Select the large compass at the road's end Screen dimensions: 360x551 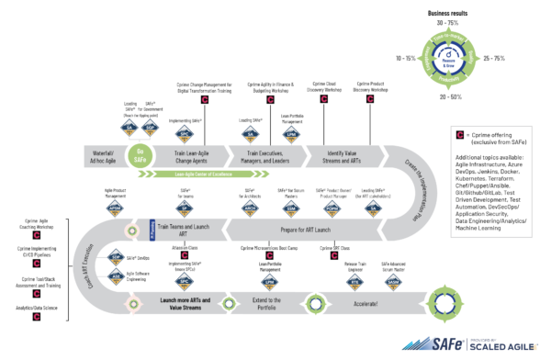click(x=444, y=302)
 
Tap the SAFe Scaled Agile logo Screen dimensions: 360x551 click(x=455, y=345)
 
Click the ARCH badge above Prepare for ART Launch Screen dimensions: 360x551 click(x=249, y=208)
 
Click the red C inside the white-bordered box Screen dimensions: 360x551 click(x=460, y=136)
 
